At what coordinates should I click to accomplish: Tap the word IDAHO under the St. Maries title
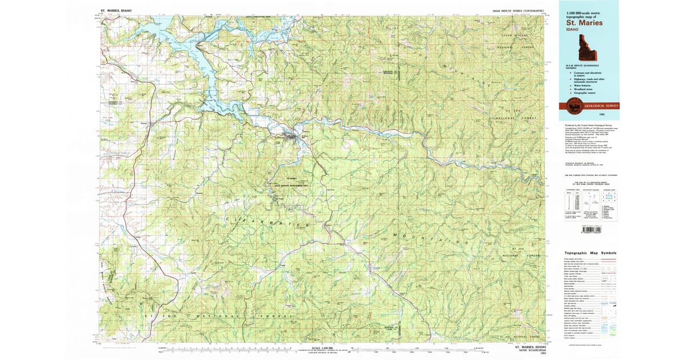[x=572, y=30]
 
